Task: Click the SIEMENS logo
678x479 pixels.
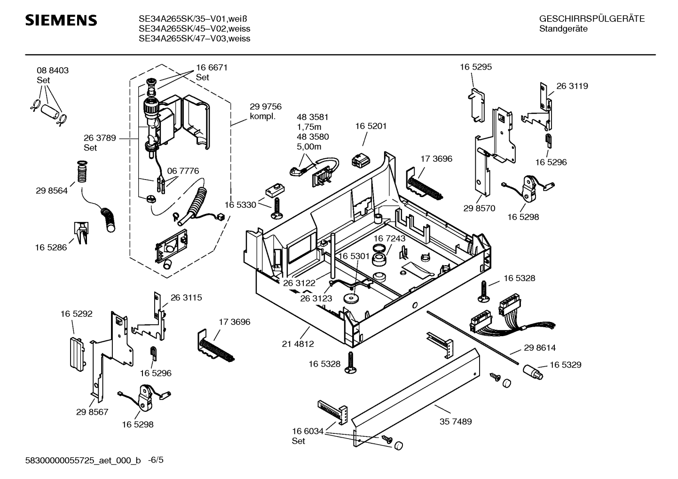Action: (x=61, y=20)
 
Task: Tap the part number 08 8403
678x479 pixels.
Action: (x=53, y=71)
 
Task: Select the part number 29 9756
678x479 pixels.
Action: (x=265, y=107)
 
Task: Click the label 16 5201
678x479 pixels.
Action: (x=371, y=126)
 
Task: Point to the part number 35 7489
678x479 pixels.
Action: (x=455, y=422)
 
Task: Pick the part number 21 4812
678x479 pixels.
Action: (x=298, y=344)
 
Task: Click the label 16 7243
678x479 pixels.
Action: (x=389, y=238)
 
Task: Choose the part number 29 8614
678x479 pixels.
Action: (x=539, y=348)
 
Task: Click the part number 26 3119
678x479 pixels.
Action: (x=572, y=86)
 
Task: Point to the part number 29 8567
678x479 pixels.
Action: (x=92, y=412)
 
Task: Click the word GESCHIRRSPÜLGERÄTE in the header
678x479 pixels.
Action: (x=591, y=19)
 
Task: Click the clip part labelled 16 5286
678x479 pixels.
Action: (x=80, y=233)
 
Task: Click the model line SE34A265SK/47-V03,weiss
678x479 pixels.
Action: (x=194, y=39)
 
